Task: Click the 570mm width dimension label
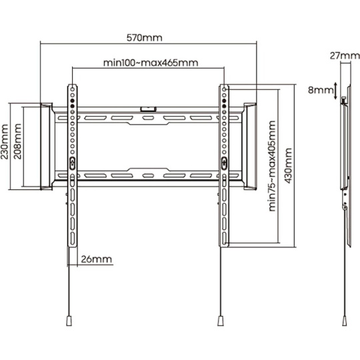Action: click(x=145, y=37)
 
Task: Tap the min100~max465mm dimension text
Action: click(x=151, y=63)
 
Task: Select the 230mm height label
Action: click(x=5, y=142)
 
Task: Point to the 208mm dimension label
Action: click(x=18, y=141)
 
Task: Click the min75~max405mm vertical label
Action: click(x=272, y=166)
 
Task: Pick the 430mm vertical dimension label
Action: click(x=288, y=166)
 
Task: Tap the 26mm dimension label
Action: click(x=97, y=259)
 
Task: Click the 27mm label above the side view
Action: click(x=345, y=56)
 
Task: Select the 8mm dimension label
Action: click(x=321, y=90)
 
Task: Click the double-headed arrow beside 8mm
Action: click(x=335, y=91)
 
